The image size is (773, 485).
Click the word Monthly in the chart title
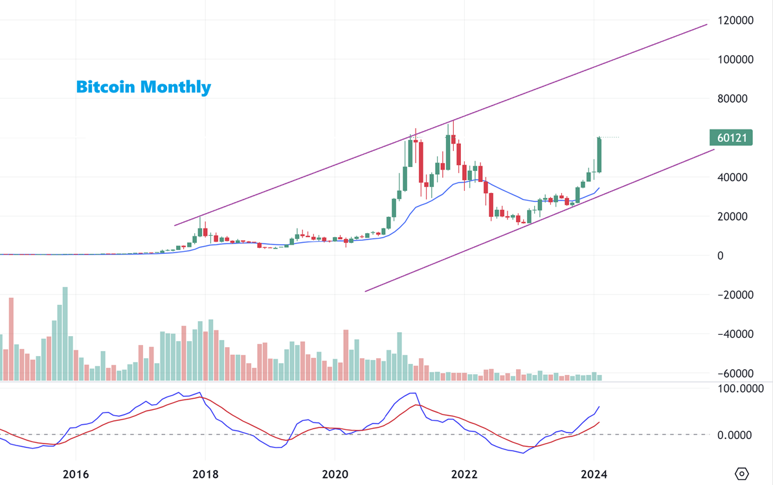(x=175, y=87)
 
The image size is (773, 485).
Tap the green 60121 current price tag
(x=731, y=138)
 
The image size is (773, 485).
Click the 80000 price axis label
(x=735, y=99)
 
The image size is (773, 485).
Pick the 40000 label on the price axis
(x=735, y=177)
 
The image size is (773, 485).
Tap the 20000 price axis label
(x=735, y=216)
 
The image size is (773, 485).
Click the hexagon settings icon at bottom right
(x=742, y=473)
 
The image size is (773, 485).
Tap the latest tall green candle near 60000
(x=599, y=155)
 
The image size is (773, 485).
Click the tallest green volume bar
(x=65, y=333)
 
